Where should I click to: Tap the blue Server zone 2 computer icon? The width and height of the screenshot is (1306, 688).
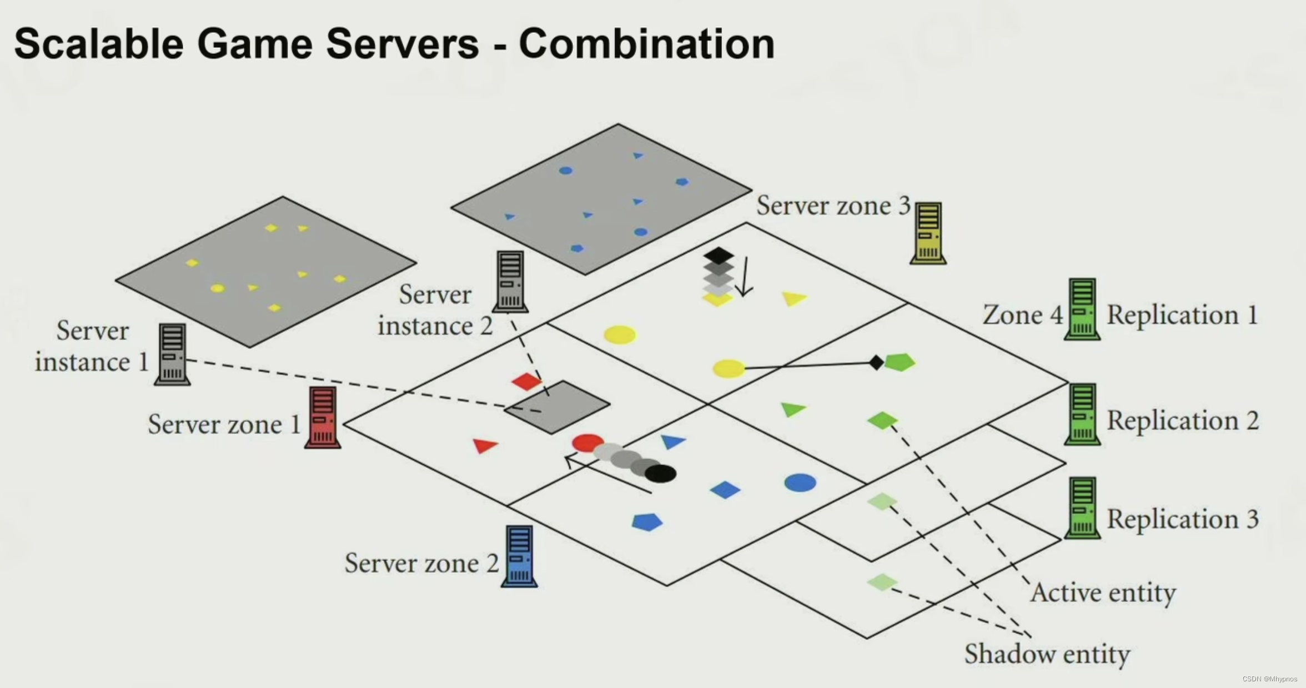(x=519, y=556)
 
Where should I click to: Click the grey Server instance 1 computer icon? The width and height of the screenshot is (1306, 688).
(x=172, y=354)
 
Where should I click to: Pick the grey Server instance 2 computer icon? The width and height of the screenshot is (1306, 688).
(x=510, y=281)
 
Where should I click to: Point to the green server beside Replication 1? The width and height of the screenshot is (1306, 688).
(x=1082, y=309)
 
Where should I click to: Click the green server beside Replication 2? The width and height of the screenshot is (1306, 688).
(x=1082, y=414)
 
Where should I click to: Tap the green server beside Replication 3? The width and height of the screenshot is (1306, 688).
(x=1082, y=508)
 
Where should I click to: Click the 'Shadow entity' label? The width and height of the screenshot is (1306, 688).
(x=1047, y=654)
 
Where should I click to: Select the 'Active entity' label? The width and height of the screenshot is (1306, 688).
(x=1103, y=592)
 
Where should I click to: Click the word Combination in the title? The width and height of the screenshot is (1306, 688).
(x=646, y=44)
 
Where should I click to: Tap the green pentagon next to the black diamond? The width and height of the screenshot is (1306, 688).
(x=900, y=362)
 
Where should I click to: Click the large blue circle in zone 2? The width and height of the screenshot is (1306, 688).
(x=800, y=482)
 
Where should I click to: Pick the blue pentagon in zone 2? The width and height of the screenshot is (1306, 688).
(x=647, y=522)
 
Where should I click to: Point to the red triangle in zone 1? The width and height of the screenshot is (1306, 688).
(x=485, y=445)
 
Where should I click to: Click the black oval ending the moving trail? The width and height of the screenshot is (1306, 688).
(x=661, y=473)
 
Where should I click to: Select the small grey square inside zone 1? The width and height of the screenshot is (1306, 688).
(x=557, y=407)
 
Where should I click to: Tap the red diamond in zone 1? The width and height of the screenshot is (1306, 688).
(x=526, y=381)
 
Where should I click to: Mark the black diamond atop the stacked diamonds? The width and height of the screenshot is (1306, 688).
(x=719, y=256)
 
